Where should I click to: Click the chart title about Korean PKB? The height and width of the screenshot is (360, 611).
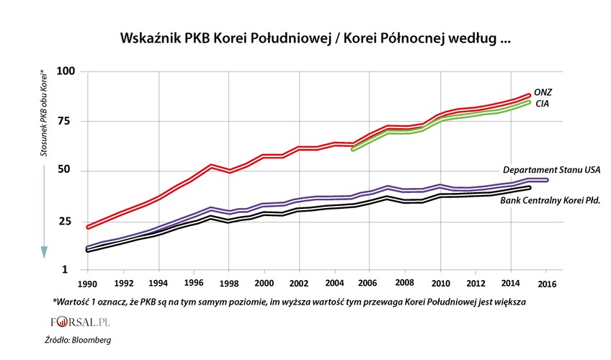pyautogui.click(x=305, y=38)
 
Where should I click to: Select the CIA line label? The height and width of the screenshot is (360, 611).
pyautogui.click(x=543, y=105)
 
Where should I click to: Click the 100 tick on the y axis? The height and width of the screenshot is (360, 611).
pyautogui.click(x=66, y=72)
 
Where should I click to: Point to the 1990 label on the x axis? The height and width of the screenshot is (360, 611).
pyautogui.click(x=86, y=283)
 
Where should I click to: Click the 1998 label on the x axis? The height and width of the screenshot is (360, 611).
pyautogui.click(x=229, y=283)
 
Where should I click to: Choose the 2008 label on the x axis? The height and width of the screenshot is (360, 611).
pyautogui.click(x=404, y=283)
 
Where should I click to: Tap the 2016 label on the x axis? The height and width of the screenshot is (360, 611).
pyautogui.click(x=547, y=283)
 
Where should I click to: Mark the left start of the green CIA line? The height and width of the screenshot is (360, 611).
pyautogui.click(x=352, y=149)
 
